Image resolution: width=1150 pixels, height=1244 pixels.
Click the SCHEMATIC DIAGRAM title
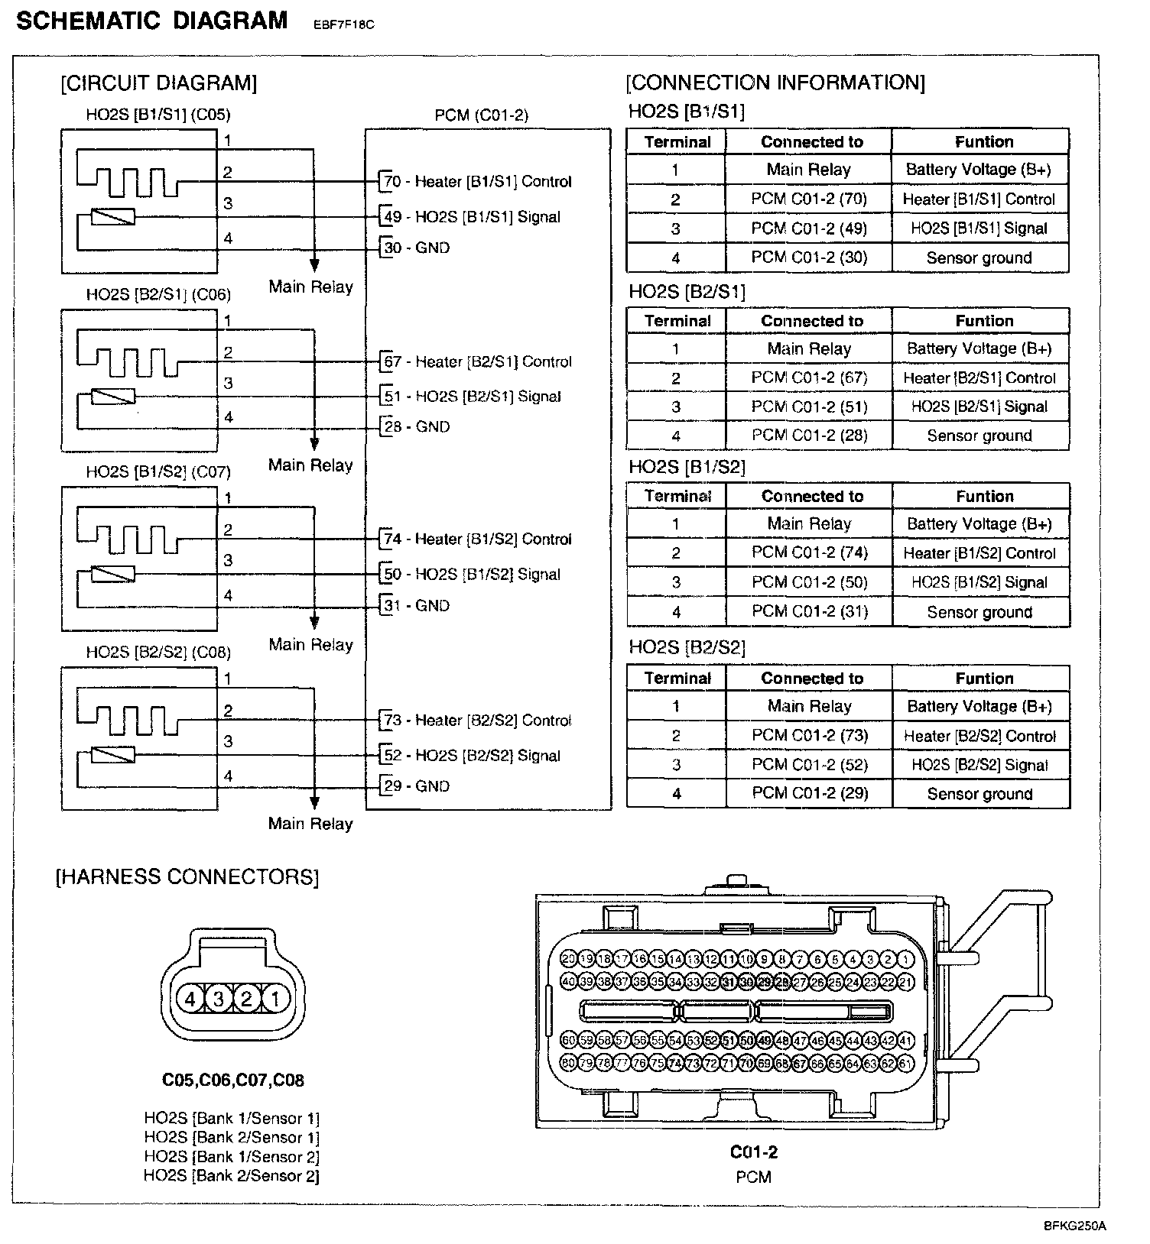(151, 21)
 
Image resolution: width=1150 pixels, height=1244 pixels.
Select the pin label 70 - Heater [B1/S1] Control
(477, 182)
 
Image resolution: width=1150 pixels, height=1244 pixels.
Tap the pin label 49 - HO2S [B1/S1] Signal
(472, 217)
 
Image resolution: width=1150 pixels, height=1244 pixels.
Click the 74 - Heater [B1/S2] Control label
(477, 539)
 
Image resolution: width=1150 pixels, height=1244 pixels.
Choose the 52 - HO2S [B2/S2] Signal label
(472, 756)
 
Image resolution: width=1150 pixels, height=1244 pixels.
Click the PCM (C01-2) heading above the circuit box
(481, 115)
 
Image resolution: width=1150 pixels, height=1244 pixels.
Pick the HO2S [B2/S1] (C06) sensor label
(158, 295)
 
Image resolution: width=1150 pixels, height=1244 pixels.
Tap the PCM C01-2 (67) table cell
(809, 377)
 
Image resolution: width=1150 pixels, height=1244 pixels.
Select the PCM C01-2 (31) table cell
(810, 611)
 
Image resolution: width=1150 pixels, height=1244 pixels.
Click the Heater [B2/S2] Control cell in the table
(979, 736)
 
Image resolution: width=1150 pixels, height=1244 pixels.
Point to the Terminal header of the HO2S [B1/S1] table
(677, 142)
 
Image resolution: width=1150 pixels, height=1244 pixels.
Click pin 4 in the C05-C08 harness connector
(190, 998)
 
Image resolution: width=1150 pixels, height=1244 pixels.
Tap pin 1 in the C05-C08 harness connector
(275, 998)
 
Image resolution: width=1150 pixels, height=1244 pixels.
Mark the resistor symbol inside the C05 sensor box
(113, 217)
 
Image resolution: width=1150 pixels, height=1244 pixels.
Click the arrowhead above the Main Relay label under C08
(313, 802)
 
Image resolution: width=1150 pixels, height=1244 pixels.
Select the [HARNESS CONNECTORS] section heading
(187, 876)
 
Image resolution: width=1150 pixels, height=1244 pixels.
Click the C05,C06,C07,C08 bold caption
(233, 1080)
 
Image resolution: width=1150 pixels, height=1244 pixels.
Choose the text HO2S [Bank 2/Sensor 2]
(232, 1176)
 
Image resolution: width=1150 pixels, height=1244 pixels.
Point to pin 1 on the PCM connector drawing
(905, 960)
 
